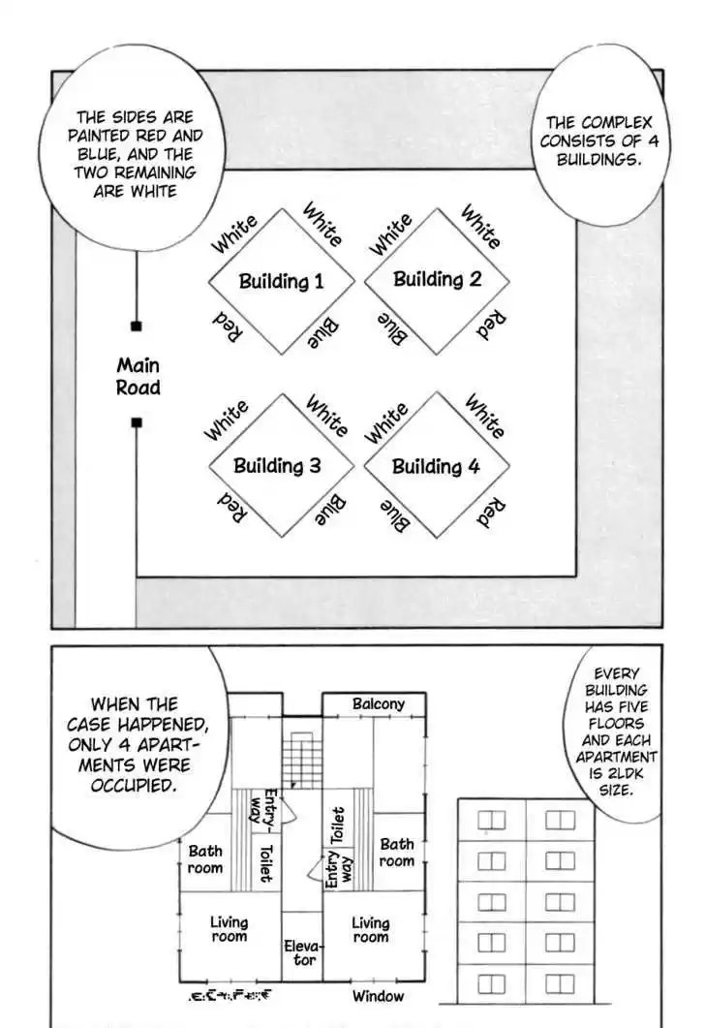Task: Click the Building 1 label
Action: pyautogui.click(x=281, y=282)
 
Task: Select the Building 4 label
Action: pyautogui.click(x=435, y=466)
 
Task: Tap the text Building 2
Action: pyautogui.click(x=437, y=279)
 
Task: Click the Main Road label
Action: pyautogui.click(x=138, y=377)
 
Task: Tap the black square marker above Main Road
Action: pyautogui.click(x=137, y=327)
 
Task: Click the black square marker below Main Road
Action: pyautogui.click(x=137, y=421)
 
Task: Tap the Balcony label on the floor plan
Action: pyautogui.click(x=378, y=704)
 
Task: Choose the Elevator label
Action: pyautogui.click(x=300, y=952)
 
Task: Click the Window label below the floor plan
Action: pyautogui.click(x=378, y=996)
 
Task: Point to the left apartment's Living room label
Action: pyautogui.click(x=229, y=929)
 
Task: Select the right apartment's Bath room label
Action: pyautogui.click(x=396, y=853)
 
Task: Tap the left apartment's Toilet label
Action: pyautogui.click(x=264, y=862)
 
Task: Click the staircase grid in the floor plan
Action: pyautogui.click(x=301, y=760)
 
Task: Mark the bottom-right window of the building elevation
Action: pyautogui.click(x=559, y=981)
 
